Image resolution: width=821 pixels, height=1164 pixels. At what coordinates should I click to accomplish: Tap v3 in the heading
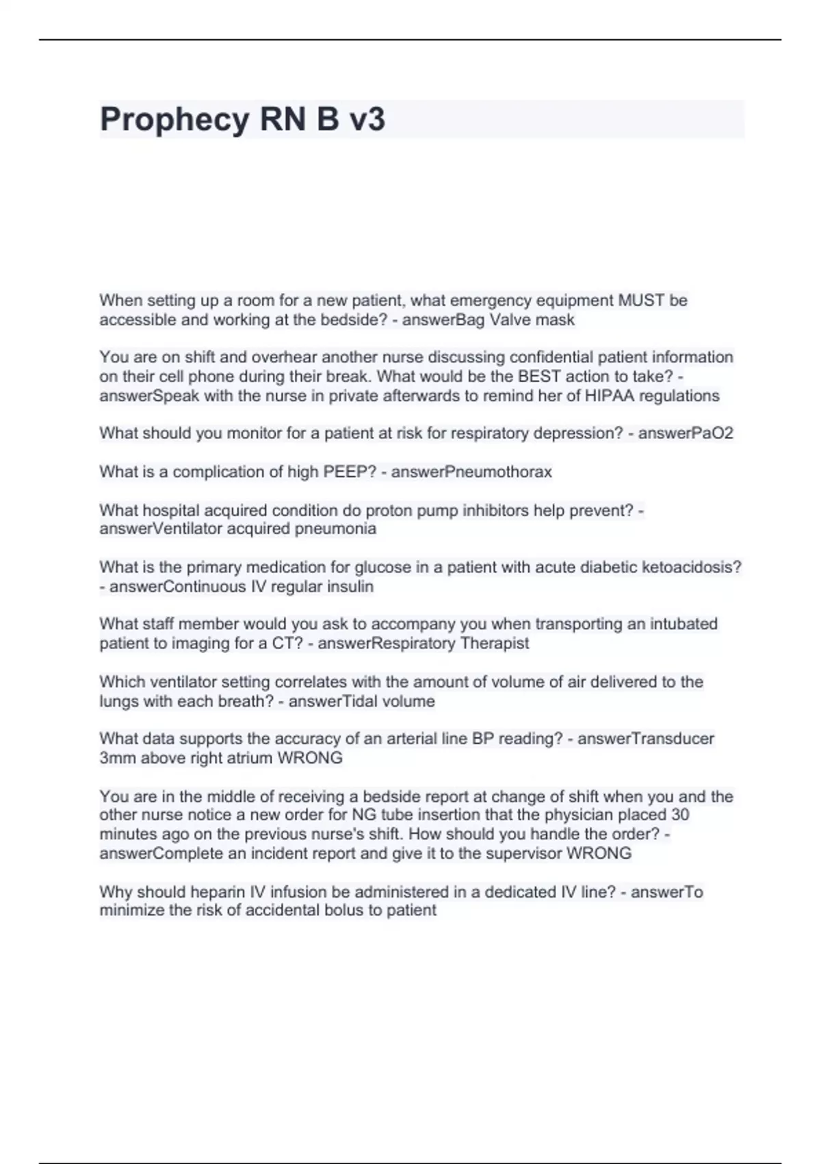pyautogui.click(x=367, y=120)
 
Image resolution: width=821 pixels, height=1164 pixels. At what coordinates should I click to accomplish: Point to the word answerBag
pyautogui.click(x=443, y=320)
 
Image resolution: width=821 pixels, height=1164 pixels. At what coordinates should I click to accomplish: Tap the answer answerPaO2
pyautogui.click(x=686, y=433)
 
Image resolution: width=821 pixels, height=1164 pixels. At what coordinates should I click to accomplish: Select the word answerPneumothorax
pyautogui.click(x=471, y=472)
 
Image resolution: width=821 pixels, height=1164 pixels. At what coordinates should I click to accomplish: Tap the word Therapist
pyautogui.click(x=495, y=644)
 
